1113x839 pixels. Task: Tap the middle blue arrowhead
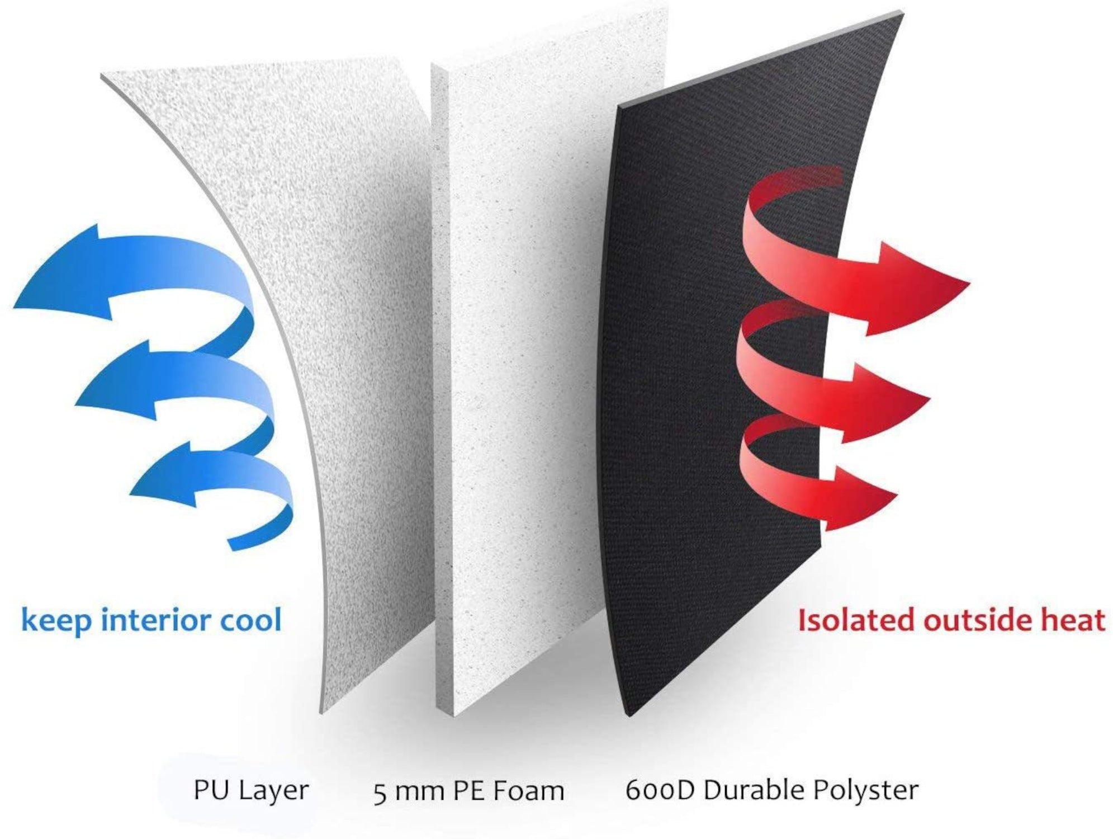pos(115,380)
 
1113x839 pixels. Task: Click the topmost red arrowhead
pos(917,288)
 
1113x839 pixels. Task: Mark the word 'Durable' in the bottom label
pos(755,790)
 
